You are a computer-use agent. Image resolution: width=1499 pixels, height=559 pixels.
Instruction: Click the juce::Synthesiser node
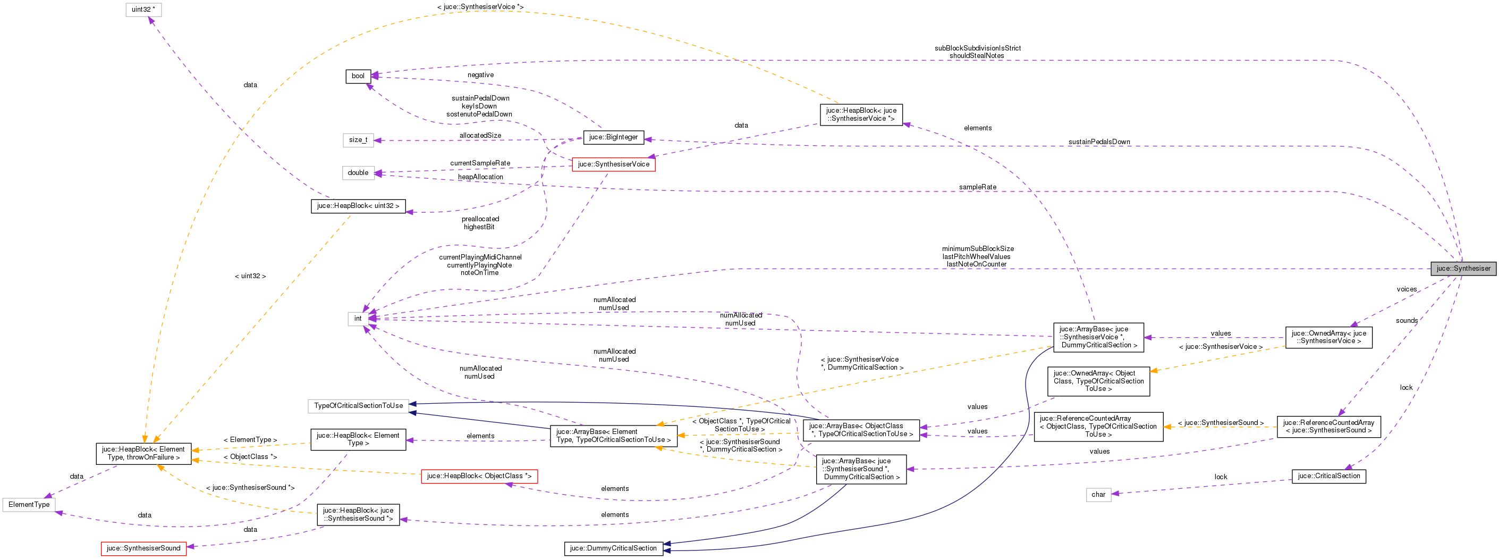click(x=1463, y=269)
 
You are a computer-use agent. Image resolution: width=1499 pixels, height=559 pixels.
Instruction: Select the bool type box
click(x=358, y=76)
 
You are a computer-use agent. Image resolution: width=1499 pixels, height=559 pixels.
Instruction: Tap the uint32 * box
click(x=143, y=10)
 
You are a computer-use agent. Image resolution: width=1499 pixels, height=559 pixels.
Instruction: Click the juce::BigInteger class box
click(x=613, y=137)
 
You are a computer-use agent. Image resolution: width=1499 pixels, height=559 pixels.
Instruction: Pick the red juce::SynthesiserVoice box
click(x=613, y=164)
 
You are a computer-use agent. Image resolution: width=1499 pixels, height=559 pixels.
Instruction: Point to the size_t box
click(x=358, y=140)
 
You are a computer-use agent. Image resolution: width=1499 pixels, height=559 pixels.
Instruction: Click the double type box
click(x=358, y=173)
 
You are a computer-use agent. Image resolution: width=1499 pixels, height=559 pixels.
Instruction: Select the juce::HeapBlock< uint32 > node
click(x=358, y=206)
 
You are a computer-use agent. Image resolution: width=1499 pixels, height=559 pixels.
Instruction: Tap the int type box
click(x=358, y=319)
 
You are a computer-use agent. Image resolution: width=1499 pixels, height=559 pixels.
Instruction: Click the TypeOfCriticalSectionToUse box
click(x=358, y=406)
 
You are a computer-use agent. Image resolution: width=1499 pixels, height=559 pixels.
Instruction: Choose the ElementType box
click(x=29, y=505)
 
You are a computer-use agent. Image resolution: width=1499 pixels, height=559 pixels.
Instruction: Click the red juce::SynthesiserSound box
click(x=143, y=548)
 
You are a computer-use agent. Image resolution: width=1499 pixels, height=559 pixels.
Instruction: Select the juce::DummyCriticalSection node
click(x=613, y=548)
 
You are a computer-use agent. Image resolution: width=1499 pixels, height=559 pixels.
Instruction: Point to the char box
click(x=1098, y=495)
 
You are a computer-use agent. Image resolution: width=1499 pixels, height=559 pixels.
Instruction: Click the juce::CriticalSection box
click(x=1328, y=477)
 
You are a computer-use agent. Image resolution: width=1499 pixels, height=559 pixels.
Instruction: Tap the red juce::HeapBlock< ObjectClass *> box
click(x=479, y=477)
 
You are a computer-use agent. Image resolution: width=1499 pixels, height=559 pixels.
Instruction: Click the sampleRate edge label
click(x=978, y=187)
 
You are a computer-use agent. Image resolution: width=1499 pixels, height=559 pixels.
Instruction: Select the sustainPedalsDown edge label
click(x=1099, y=141)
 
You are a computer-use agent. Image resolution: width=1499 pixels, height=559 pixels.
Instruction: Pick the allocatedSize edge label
click(x=480, y=136)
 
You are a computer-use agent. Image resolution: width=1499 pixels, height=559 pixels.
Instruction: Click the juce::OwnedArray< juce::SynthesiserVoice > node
click(x=1328, y=337)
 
